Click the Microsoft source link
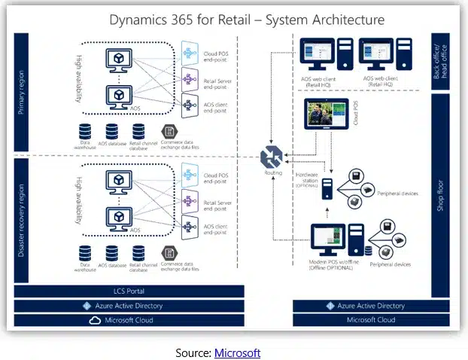click(237, 352)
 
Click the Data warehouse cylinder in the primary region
click(87, 131)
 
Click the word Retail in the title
click(233, 20)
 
